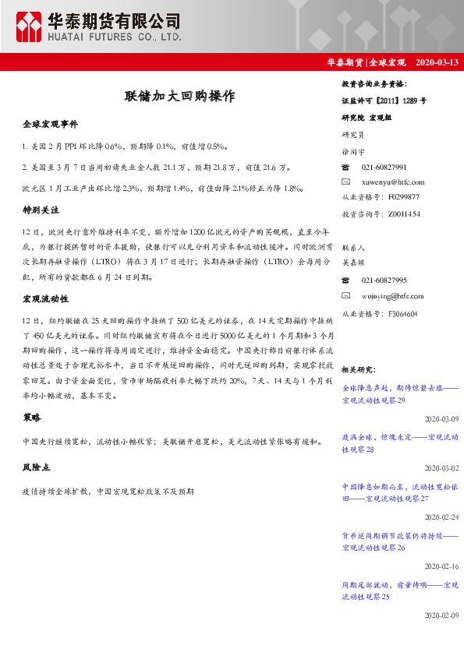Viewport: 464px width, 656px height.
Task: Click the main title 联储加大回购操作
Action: coord(179,97)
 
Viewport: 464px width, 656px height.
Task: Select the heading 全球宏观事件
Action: coord(51,124)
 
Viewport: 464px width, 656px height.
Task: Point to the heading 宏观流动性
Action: coord(46,298)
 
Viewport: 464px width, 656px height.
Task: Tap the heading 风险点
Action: coord(37,468)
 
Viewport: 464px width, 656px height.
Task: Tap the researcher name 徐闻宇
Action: coord(355,153)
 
